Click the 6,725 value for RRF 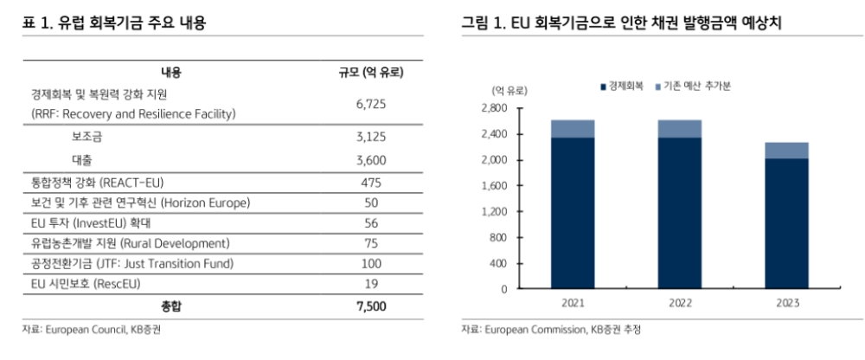pos(370,104)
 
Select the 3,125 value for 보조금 pos(370,137)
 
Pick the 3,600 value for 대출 pos(370,160)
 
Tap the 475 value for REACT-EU pos(370,183)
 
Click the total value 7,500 pos(370,305)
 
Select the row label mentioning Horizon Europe pos(139,203)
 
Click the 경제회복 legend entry pos(622,87)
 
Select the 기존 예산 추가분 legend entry pos(697,87)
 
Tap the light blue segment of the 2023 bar pos(787,151)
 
